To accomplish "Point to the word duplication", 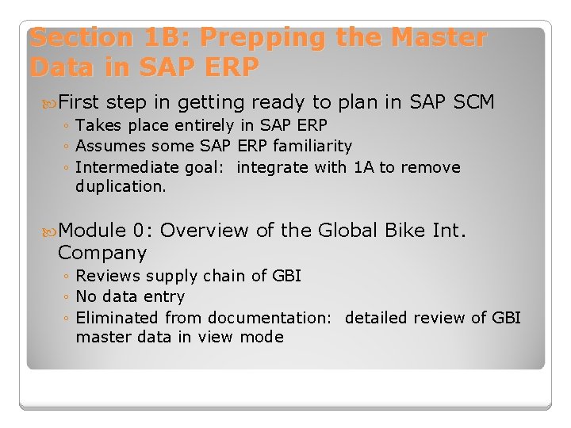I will coord(121,187).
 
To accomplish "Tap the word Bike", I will coord(404,231).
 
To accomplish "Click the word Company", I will coord(102,254).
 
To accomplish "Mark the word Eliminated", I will coord(117,318).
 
